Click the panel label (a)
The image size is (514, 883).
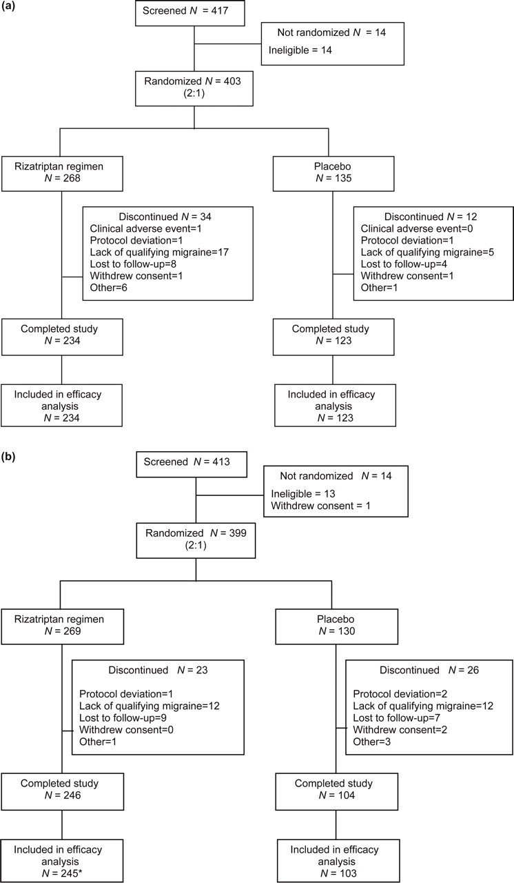click(8, 7)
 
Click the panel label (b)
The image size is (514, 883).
click(8, 457)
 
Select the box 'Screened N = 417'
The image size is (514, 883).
click(189, 13)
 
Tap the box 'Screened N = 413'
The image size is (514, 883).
click(192, 464)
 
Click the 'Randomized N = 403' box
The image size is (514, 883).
click(194, 88)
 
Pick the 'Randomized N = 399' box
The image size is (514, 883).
click(196, 540)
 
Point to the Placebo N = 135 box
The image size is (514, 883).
click(333, 174)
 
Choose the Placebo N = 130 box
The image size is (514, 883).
click(336, 627)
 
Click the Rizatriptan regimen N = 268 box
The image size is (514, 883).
click(62, 174)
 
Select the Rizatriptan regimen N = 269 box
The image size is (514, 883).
click(62, 627)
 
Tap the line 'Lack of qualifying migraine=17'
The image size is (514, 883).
click(159, 252)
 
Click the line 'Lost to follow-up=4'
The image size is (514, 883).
click(404, 264)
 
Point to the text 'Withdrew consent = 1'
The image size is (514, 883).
click(321, 506)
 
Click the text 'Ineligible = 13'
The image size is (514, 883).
click(303, 493)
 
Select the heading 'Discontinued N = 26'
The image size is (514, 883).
click(429, 670)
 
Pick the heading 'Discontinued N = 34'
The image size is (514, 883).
click(165, 217)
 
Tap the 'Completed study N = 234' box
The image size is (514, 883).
click(62, 337)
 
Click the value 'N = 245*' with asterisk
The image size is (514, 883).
click(63, 873)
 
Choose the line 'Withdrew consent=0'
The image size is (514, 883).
click(126, 730)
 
